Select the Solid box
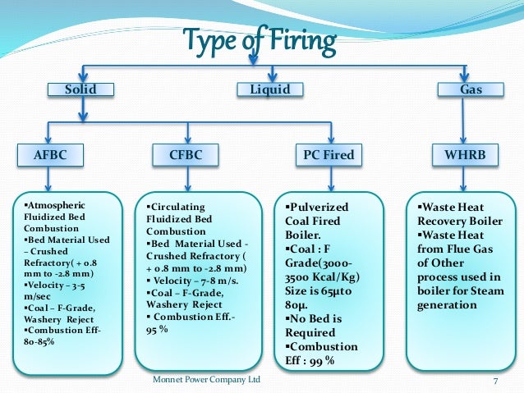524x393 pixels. [80, 89]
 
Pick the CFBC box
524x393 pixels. [188, 153]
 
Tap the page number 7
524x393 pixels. [495, 381]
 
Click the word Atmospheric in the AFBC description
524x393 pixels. [55, 204]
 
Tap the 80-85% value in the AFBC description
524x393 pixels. [39, 341]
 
